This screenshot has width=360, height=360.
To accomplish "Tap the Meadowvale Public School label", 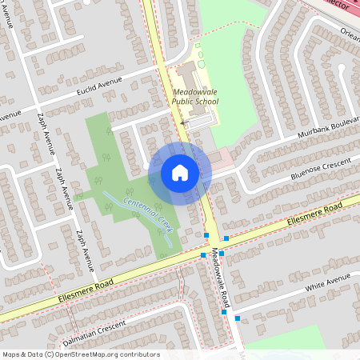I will (196, 97).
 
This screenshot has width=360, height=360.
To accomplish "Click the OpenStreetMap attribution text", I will (81, 354).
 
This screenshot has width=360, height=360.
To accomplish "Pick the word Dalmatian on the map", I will (76, 331).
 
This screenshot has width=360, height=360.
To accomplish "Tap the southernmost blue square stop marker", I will (237, 318).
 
